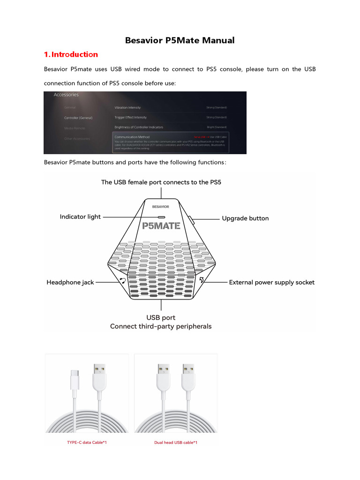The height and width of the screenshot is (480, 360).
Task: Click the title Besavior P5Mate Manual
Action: tap(180, 40)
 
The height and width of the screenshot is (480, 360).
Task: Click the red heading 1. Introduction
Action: tap(71, 54)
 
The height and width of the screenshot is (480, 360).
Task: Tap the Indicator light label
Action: tap(80, 217)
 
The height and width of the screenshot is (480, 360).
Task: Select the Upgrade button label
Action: tap(245, 218)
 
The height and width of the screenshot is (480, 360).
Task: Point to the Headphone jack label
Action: tap(70, 282)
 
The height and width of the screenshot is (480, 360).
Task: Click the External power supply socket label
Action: tap(271, 282)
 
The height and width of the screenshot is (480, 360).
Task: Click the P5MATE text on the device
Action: tap(161, 226)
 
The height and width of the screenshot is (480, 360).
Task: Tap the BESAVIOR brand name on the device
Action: tap(161, 206)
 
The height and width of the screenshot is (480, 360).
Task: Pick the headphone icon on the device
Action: tap(122, 281)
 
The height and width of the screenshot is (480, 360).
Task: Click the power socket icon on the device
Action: tap(201, 281)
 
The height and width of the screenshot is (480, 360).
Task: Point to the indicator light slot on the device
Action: tap(161, 217)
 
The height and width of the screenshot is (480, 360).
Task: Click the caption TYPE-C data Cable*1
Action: tap(87, 442)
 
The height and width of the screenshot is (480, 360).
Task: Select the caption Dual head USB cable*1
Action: tap(176, 442)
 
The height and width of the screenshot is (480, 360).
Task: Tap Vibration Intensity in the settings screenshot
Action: tap(127, 107)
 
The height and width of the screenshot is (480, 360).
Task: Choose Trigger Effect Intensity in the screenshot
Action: tap(130, 117)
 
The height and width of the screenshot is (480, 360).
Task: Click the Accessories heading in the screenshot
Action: tap(66, 95)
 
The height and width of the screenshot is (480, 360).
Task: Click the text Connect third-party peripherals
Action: tap(161, 326)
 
